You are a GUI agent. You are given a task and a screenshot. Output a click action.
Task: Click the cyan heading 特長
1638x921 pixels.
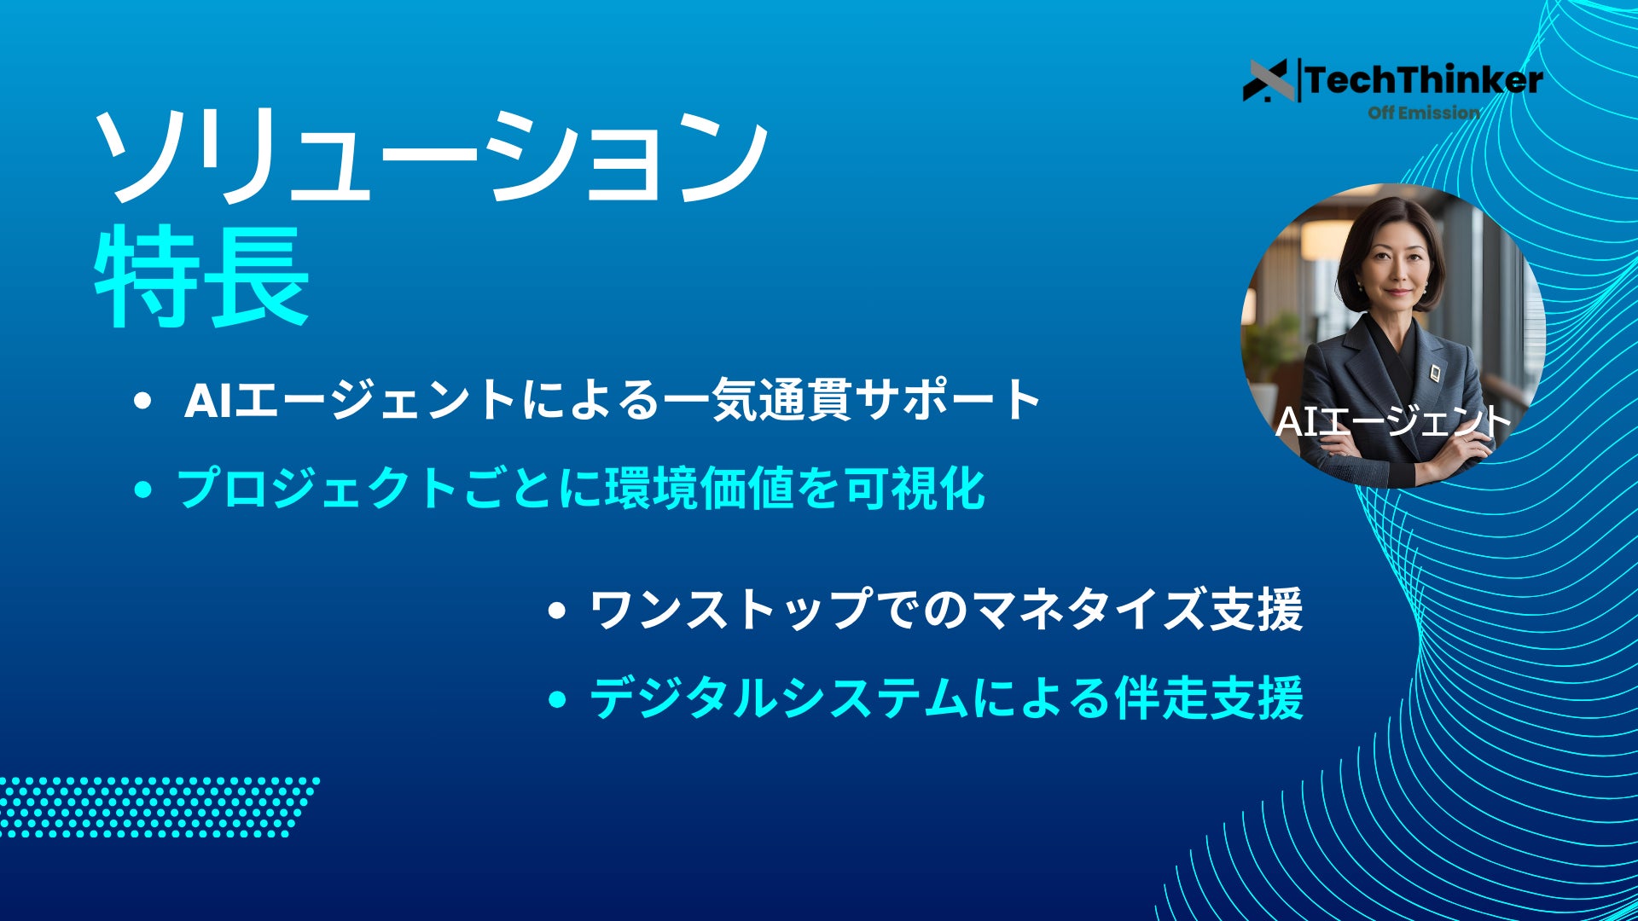(x=201, y=277)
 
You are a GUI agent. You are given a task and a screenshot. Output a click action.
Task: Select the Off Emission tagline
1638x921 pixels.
(x=1424, y=113)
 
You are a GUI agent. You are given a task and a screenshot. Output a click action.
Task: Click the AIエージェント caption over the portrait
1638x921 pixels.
(x=1392, y=421)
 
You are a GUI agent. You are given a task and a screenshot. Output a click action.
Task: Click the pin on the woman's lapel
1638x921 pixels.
(x=1436, y=372)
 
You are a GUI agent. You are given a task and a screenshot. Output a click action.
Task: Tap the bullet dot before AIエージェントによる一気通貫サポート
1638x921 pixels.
(x=142, y=401)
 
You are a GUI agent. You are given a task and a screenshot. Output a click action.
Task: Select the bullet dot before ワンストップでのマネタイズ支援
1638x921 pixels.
(x=557, y=611)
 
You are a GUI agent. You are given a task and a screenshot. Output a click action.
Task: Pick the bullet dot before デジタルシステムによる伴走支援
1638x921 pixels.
(x=557, y=699)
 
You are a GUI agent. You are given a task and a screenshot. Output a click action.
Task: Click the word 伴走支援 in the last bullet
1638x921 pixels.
(x=1209, y=698)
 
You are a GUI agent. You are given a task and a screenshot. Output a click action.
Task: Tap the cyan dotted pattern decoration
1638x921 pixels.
(x=158, y=807)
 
